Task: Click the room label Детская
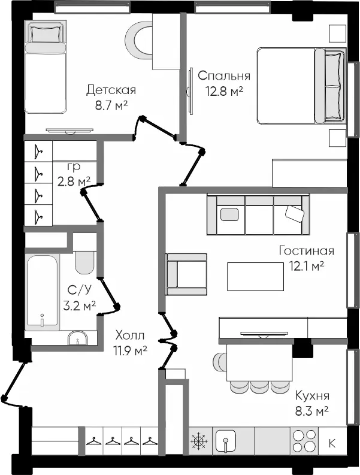111,90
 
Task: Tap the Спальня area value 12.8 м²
225,90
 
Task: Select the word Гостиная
306,251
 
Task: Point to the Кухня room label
312,396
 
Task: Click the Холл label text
130,335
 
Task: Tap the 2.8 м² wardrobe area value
74,181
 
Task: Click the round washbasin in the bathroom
78,338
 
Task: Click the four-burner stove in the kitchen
304,440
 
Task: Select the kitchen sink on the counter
226,441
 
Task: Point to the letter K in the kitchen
332,443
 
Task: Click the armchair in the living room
186,274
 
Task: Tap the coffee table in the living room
255,277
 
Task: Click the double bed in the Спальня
301,86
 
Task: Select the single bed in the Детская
46,67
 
